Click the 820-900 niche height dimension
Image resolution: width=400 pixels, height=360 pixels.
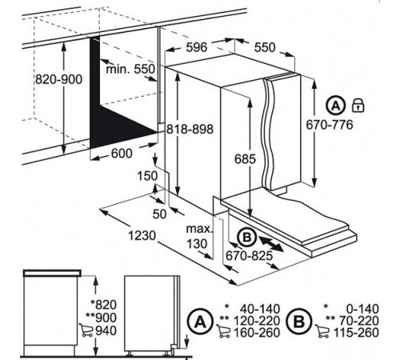pyautogui.click(x=58, y=79)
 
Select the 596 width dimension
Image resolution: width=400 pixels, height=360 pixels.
pyautogui.click(x=197, y=47)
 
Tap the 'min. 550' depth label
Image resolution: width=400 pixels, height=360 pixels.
pyautogui.click(x=130, y=69)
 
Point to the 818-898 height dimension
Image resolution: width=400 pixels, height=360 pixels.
pyautogui.click(x=190, y=130)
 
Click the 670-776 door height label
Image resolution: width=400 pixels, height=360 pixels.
pyautogui.click(x=330, y=125)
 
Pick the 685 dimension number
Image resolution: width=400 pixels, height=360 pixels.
pyautogui.click(x=245, y=159)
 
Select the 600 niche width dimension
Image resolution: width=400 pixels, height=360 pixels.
pyautogui.click(x=122, y=154)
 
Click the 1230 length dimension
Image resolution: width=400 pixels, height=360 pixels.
pyautogui.click(x=142, y=236)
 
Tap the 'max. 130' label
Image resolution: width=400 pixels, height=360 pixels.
pyautogui.click(x=200, y=236)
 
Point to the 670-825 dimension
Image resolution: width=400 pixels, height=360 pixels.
pyautogui.click(x=250, y=256)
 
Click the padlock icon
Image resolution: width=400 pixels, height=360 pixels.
pyautogui.click(x=358, y=105)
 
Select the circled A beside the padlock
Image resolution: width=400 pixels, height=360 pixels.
pyautogui.click(x=336, y=106)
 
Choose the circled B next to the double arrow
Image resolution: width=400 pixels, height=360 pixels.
pyautogui.click(x=247, y=237)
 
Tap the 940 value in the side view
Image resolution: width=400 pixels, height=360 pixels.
pyautogui.click(x=106, y=330)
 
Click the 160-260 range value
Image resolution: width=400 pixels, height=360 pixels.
pyautogui.click(x=257, y=333)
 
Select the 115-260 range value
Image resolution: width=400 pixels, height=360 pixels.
pyautogui.click(x=356, y=333)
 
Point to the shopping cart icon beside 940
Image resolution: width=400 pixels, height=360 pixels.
pyautogui.click(x=86, y=330)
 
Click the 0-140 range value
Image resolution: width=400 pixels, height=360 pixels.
pyautogui.click(x=362, y=309)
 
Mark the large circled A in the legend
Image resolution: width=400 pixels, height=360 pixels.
pyautogui.click(x=200, y=322)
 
